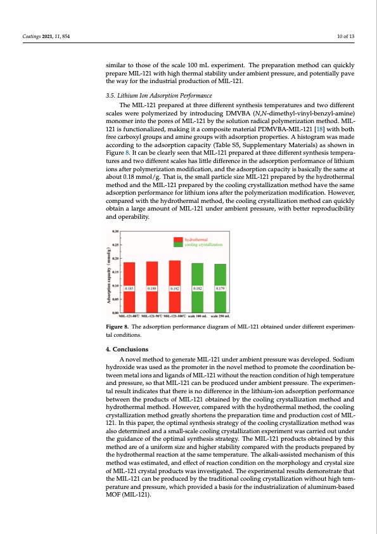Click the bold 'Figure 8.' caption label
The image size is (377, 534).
click(x=118, y=328)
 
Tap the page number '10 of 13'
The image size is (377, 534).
click(x=346, y=36)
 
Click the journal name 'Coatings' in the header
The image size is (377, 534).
click(x=30, y=36)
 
